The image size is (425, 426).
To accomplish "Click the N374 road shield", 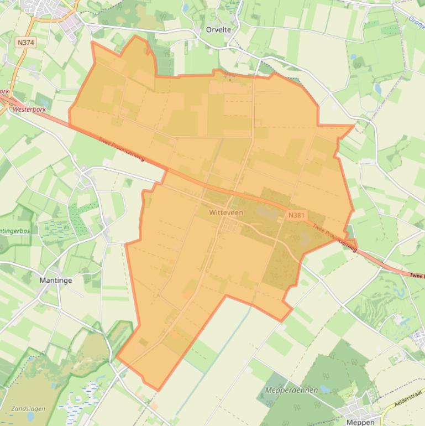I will [x=25, y=43].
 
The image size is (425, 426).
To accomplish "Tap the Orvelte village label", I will [x=218, y=30].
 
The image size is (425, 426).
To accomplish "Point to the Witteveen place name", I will [x=226, y=212].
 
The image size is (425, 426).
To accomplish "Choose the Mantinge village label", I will [x=56, y=280].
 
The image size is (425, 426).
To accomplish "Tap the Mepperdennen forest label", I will [x=292, y=390].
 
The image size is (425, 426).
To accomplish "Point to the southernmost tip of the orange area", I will [x=159, y=391].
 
